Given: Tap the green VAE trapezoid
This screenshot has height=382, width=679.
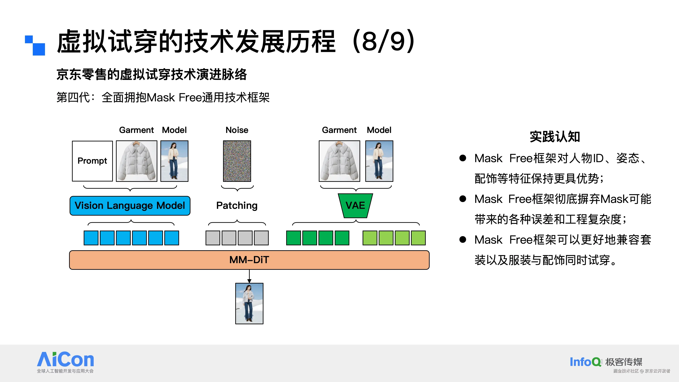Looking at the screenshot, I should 355,206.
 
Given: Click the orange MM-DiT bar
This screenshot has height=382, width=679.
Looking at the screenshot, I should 249,260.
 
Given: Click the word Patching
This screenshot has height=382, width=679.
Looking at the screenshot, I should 237,206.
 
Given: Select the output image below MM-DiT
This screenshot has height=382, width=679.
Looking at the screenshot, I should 249,303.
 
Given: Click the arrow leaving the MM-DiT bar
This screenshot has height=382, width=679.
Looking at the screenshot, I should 249,276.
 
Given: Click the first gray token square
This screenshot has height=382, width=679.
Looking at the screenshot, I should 213,238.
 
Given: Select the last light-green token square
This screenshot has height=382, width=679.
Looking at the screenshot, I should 418,238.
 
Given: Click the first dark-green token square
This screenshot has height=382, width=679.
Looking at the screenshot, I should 293,238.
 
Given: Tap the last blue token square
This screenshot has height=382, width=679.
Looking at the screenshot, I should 172,238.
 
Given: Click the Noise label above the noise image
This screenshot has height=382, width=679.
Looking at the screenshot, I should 237,130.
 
